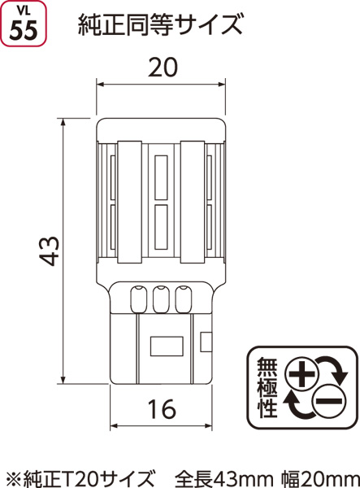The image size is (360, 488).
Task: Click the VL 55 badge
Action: (x=24, y=24)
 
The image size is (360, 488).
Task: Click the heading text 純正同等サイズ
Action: (x=160, y=25)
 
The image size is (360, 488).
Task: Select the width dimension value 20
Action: (x=163, y=68)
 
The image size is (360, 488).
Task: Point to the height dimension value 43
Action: (x=50, y=251)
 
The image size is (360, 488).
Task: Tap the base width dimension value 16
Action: (x=162, y=409)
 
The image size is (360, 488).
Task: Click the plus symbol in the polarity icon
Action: (x=301, y=373)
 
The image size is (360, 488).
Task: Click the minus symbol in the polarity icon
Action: (x=329, y=401)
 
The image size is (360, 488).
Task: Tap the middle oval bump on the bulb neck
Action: (x=161, y=299)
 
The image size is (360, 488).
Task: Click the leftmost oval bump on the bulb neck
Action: (x=138, y=299)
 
